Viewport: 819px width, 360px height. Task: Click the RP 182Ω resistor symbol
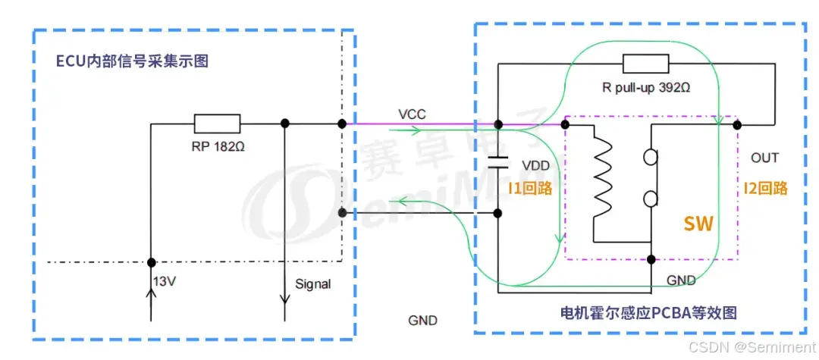click(x=217, y=124)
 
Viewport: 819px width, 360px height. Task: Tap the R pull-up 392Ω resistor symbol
click(x=645, y=64)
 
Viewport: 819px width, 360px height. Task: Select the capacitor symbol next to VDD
click(x=497, y=160)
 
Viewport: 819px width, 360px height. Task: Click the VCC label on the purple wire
click(x=412, y=114)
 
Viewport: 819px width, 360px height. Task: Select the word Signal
click(x=312, y=284)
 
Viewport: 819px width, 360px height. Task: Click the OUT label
click(x=764, y=158)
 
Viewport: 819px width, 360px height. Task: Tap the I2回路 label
click(x=766, y=188)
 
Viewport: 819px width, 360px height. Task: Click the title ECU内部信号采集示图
click(x=132, y=61)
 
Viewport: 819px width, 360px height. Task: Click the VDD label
click(x=535, y=164)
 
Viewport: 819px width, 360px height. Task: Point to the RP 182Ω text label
click(x=218, y=146)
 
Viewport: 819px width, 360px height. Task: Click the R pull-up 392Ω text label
click(x=646, y=87)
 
